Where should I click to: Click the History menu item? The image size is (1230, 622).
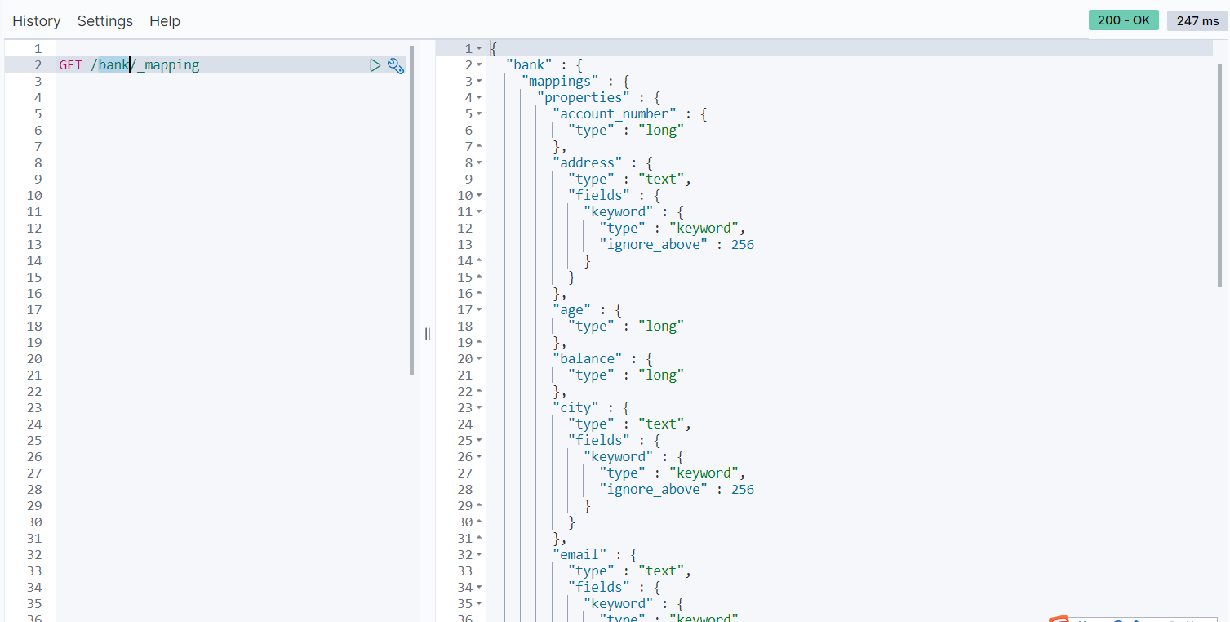coord(37,21)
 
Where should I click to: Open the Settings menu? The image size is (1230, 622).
coord(105,21)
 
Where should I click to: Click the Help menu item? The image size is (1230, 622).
coord(165,21)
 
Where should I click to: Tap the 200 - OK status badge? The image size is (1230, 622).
coord(1123,20)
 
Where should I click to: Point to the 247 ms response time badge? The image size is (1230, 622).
coord(1197,20)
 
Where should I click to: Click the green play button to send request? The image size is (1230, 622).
coord(375,65)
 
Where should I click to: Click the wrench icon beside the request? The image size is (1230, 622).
coord(396,66)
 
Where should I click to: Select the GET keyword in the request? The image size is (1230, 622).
coord(70,65)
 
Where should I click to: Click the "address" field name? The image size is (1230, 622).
coord(588,163)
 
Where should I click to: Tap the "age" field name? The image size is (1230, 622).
coord(572,310)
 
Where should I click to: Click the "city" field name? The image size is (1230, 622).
coord(576,408)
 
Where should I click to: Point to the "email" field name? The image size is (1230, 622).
coord(579,555)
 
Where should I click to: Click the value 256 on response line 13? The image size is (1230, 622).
coord(743,245)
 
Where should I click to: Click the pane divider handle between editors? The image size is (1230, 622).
coord(428,333)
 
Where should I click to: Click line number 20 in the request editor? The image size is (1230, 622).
coord(33,359)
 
